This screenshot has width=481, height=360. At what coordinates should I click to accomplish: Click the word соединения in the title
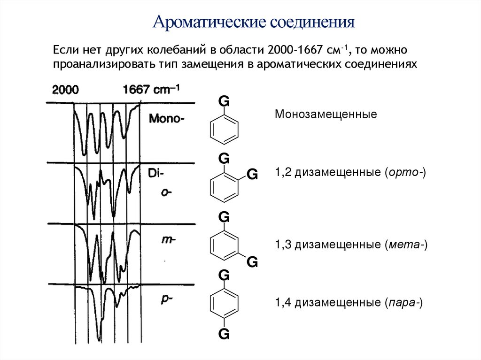311,22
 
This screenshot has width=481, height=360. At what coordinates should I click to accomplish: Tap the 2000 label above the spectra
65,90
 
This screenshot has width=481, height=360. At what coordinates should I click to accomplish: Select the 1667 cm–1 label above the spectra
152,89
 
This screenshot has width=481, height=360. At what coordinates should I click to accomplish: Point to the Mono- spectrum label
167,119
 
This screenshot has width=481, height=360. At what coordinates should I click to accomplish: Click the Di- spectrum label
155,173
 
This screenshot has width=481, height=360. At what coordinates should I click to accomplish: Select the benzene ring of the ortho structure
224,187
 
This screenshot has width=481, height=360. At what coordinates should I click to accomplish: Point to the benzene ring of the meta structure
224,245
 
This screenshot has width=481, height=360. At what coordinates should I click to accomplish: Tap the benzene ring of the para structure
224,303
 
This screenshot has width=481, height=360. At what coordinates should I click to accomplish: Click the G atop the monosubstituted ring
224,101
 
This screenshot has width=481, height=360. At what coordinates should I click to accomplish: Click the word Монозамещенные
326,115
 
